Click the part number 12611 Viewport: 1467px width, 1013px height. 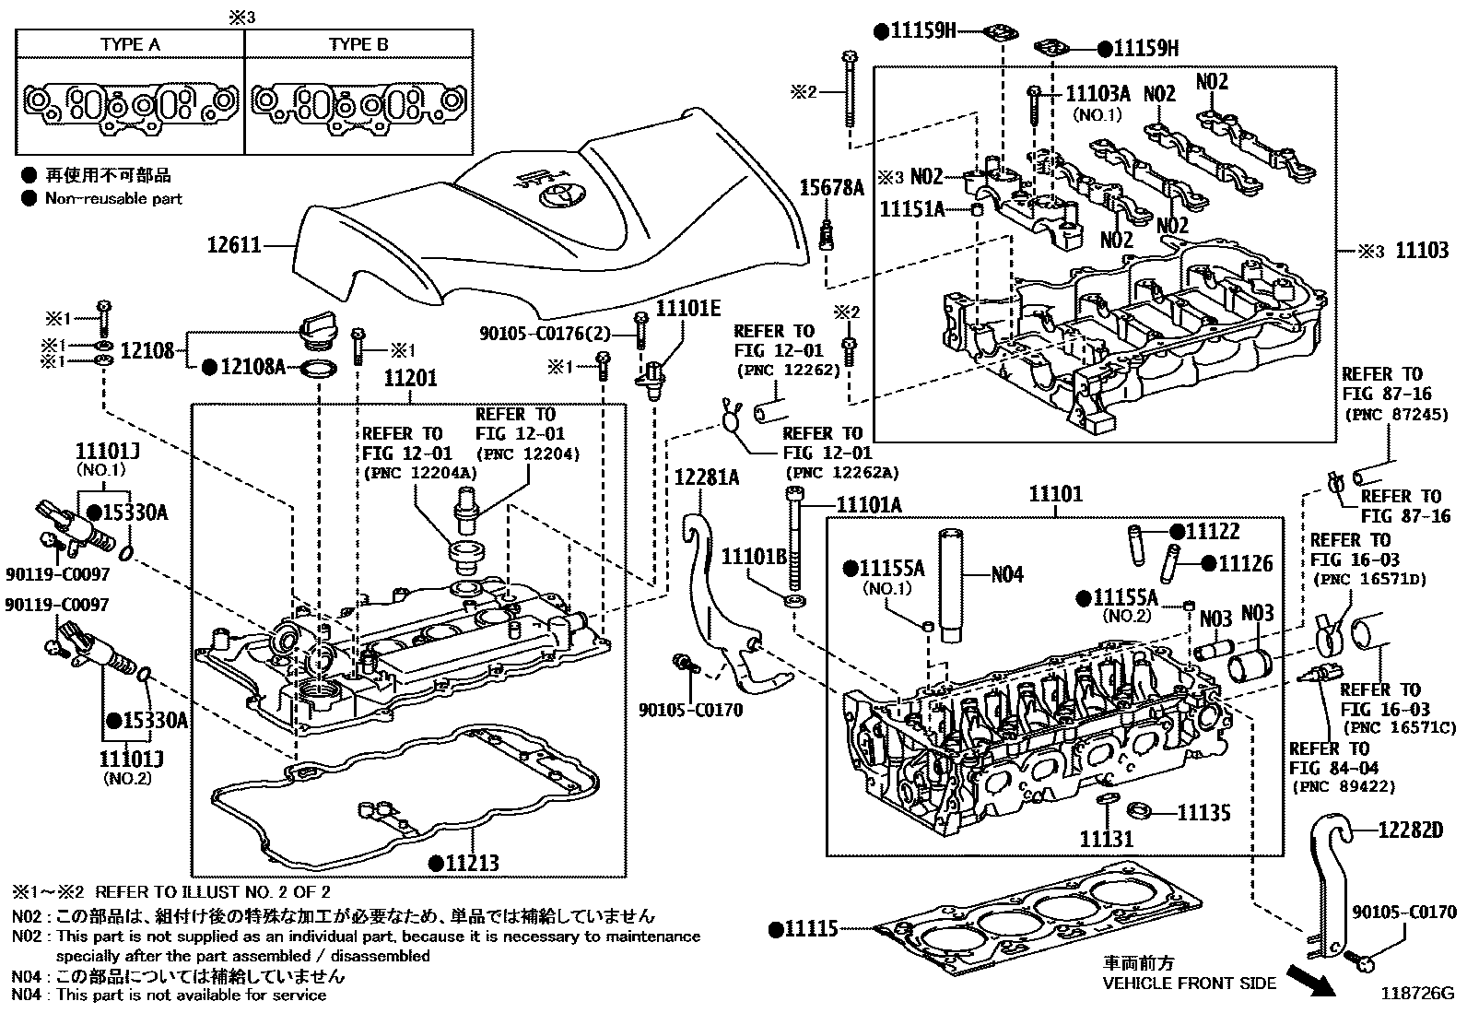[x=236, y=246]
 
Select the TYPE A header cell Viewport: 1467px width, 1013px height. [x=129, y=44]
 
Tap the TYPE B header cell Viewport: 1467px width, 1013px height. [x=358, y=44]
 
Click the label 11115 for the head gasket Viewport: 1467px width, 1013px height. [x=811, y=928]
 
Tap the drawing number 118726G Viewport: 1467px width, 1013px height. [x=1415, y=995]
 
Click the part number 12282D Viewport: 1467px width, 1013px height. [x=1410, y=830]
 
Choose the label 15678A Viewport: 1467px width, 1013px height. [x=831, y=189]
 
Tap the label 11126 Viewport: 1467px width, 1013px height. [x=1245, y=563]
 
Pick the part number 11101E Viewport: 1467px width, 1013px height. [x=687, y=308]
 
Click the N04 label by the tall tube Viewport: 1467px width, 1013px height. [x=1007, y=574]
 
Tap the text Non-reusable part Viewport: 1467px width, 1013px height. [x=113, y=198]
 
